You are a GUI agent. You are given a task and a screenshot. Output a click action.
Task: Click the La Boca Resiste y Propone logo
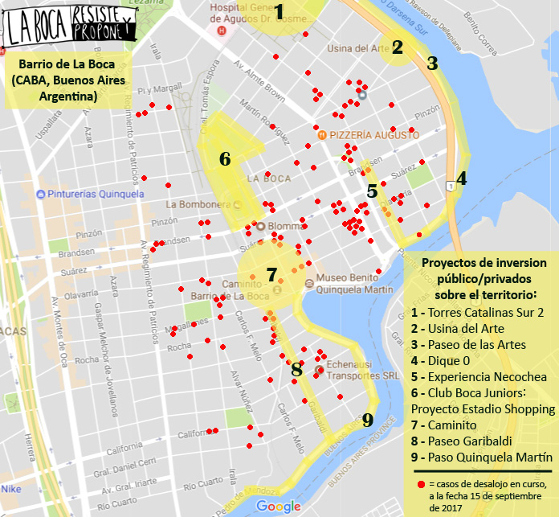click(69, 27)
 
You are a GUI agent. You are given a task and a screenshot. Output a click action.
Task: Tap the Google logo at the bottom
click(279, 507)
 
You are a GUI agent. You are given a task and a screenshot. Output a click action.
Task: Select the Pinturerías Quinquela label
click(96, 194)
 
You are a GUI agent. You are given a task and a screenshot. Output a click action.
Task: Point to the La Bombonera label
click(198, 204)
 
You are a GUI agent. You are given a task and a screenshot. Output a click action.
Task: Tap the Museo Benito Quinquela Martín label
click(354, 284)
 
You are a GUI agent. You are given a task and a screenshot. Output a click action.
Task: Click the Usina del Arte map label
click(361, 48)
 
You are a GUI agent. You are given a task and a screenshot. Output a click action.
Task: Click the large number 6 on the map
click(225, 158)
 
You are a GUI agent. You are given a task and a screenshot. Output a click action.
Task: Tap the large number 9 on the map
click(368, 420)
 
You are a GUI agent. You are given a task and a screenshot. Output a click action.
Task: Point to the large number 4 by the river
click(461, 178)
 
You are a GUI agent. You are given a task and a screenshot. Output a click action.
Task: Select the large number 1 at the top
click(279, 11)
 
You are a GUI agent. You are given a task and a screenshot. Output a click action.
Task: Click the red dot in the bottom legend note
click(421, 484)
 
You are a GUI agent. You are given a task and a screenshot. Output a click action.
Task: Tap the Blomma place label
click(284, 226)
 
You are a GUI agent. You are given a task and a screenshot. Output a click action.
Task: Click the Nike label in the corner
click(11, 488)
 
